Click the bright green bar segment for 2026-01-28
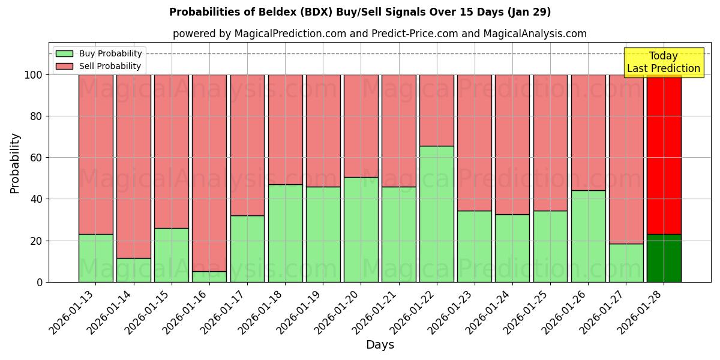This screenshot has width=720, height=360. (664, 258)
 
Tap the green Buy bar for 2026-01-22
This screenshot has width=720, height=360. (436, 214)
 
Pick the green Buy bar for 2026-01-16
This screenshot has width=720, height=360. (209, 277)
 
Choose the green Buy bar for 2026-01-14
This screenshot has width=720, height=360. (133, 270)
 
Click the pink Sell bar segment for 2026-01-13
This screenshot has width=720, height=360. (95, 154)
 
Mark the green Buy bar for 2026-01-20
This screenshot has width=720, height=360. (361, 229)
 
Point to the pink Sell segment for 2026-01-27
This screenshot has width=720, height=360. (626, 159)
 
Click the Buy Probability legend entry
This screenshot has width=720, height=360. (98, 54)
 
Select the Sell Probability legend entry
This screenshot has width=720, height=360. (98, 66)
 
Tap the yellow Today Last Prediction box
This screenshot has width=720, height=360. (664, 62)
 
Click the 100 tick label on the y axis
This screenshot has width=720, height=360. (32, 75)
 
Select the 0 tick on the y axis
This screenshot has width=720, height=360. (40, 282)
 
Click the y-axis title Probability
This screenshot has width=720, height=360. (15, 163)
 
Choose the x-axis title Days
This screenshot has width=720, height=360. (380, 345)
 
